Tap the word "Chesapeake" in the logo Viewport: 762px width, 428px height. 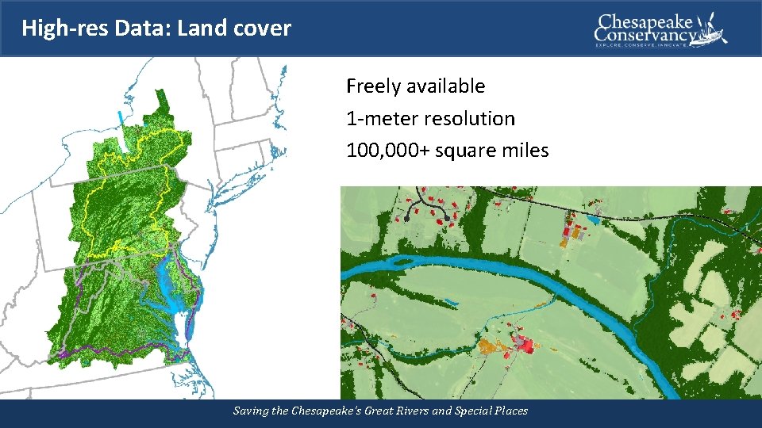pyautogui.click(x=645, y=21)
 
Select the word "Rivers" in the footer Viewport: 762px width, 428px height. pyautogui.click(x=411, y=411)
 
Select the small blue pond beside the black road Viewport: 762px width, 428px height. pyautogui.click(x=595, y=218)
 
